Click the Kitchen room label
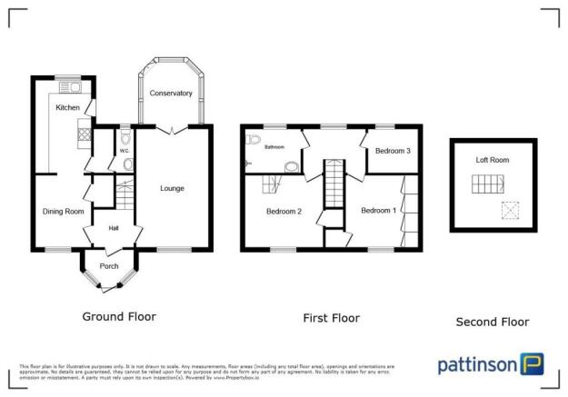click(67, 108)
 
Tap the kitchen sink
click(71, 88)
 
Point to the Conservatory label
click(171, 94)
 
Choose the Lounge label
click(172, 189)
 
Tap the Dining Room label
click(63, 212)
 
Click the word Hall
click(115, 228)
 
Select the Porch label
click(109, 266)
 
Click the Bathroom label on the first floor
click(275, 147)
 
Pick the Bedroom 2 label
click(283, 212)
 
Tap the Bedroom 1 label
click(378, 212)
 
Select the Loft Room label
click(493, 160)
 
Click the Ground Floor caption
click(119, 317)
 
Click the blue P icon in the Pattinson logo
click(533, 363)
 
